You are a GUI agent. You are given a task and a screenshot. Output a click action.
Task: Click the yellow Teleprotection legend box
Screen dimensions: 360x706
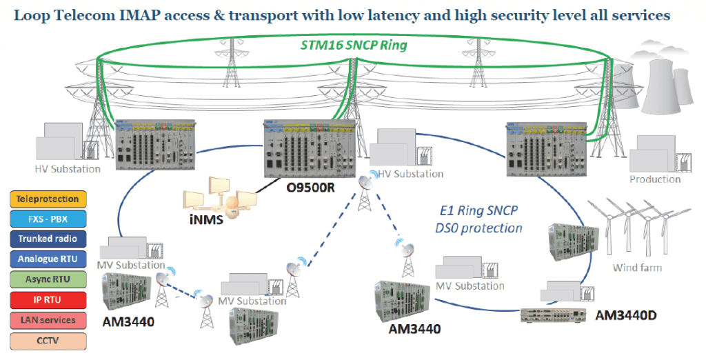(x=48, y=199)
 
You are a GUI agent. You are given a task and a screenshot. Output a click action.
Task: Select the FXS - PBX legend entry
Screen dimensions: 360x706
(x=48, y=219)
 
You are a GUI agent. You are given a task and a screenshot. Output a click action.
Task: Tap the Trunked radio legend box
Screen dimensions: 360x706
(x=48, y=239)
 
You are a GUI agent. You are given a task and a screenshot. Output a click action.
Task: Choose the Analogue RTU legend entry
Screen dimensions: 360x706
(x=48, y=259)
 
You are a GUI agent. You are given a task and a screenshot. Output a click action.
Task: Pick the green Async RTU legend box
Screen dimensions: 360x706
(x=48, y=279)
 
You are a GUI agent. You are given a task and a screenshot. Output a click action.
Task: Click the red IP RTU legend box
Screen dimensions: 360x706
(x=48, y=299)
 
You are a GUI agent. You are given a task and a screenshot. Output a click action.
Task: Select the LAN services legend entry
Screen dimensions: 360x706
(x=48, y=320)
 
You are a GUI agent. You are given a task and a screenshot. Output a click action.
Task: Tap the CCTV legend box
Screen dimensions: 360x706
(x=48, y=340)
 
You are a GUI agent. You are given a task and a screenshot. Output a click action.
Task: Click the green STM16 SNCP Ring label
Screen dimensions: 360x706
(x=353, y=46)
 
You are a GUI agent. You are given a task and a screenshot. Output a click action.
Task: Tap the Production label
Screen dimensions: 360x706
(x=654, y=179)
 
